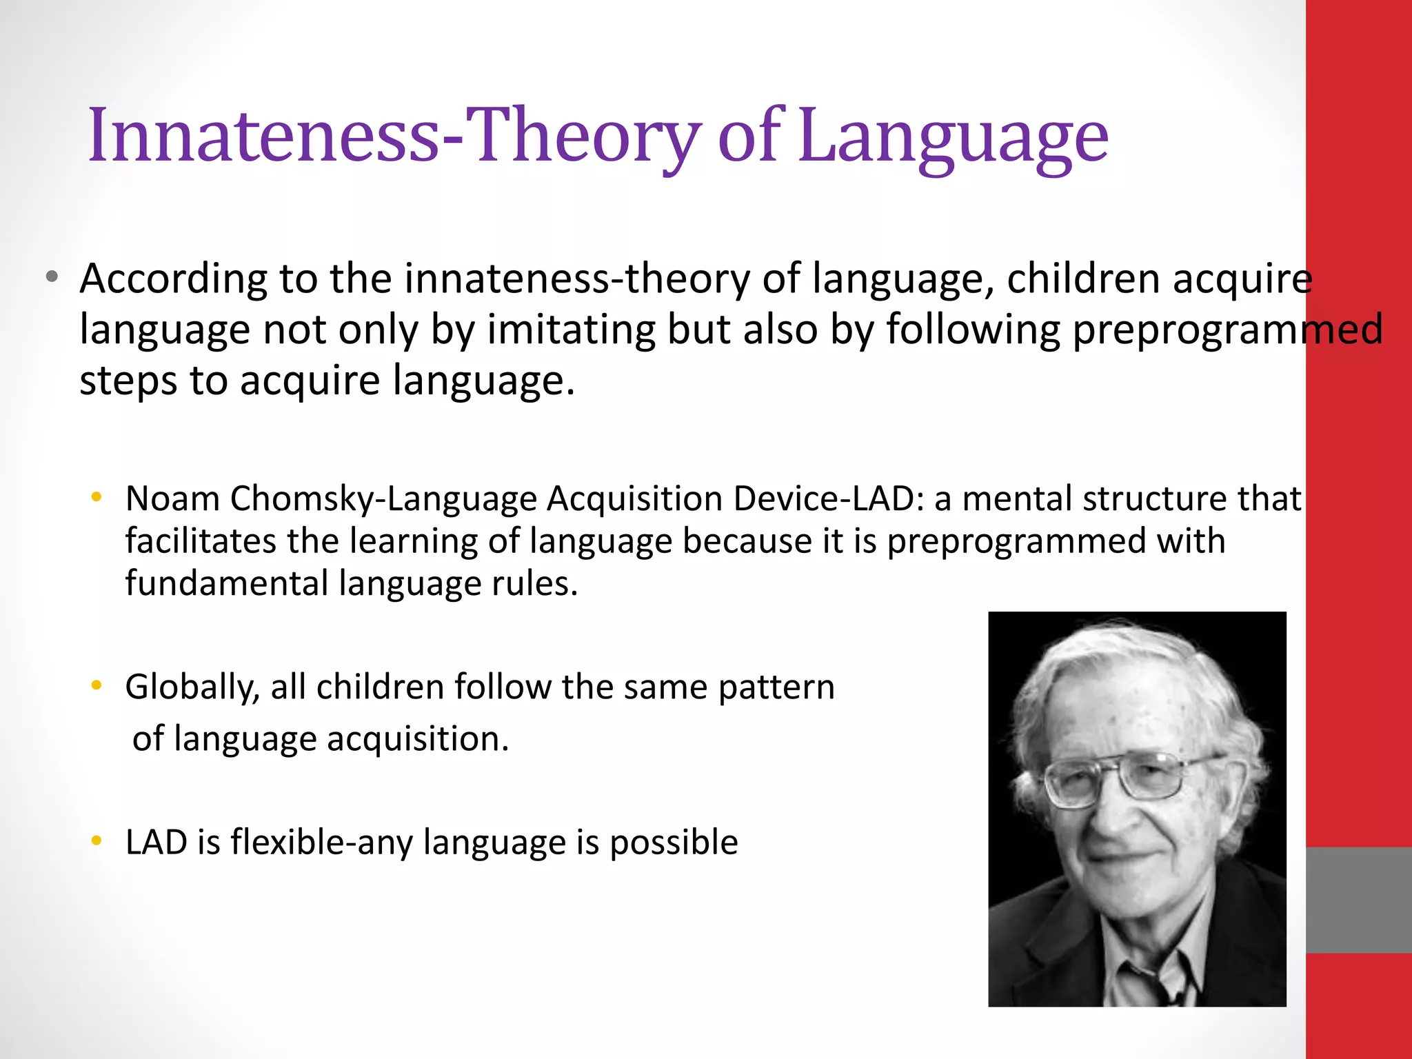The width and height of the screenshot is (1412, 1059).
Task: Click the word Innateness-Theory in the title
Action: (394, 136)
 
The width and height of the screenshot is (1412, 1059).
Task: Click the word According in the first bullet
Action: (173, 279)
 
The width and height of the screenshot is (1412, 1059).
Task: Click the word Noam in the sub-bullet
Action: (172, 498)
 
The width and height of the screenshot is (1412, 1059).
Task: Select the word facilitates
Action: (200, 541)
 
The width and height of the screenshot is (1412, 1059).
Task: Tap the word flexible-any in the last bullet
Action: (321, 843)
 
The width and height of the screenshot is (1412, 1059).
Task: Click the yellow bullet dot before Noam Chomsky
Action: (97, 496)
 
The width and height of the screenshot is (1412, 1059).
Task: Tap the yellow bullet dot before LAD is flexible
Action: (97, 840)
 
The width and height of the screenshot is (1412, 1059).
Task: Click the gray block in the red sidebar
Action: (1358, 900)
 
